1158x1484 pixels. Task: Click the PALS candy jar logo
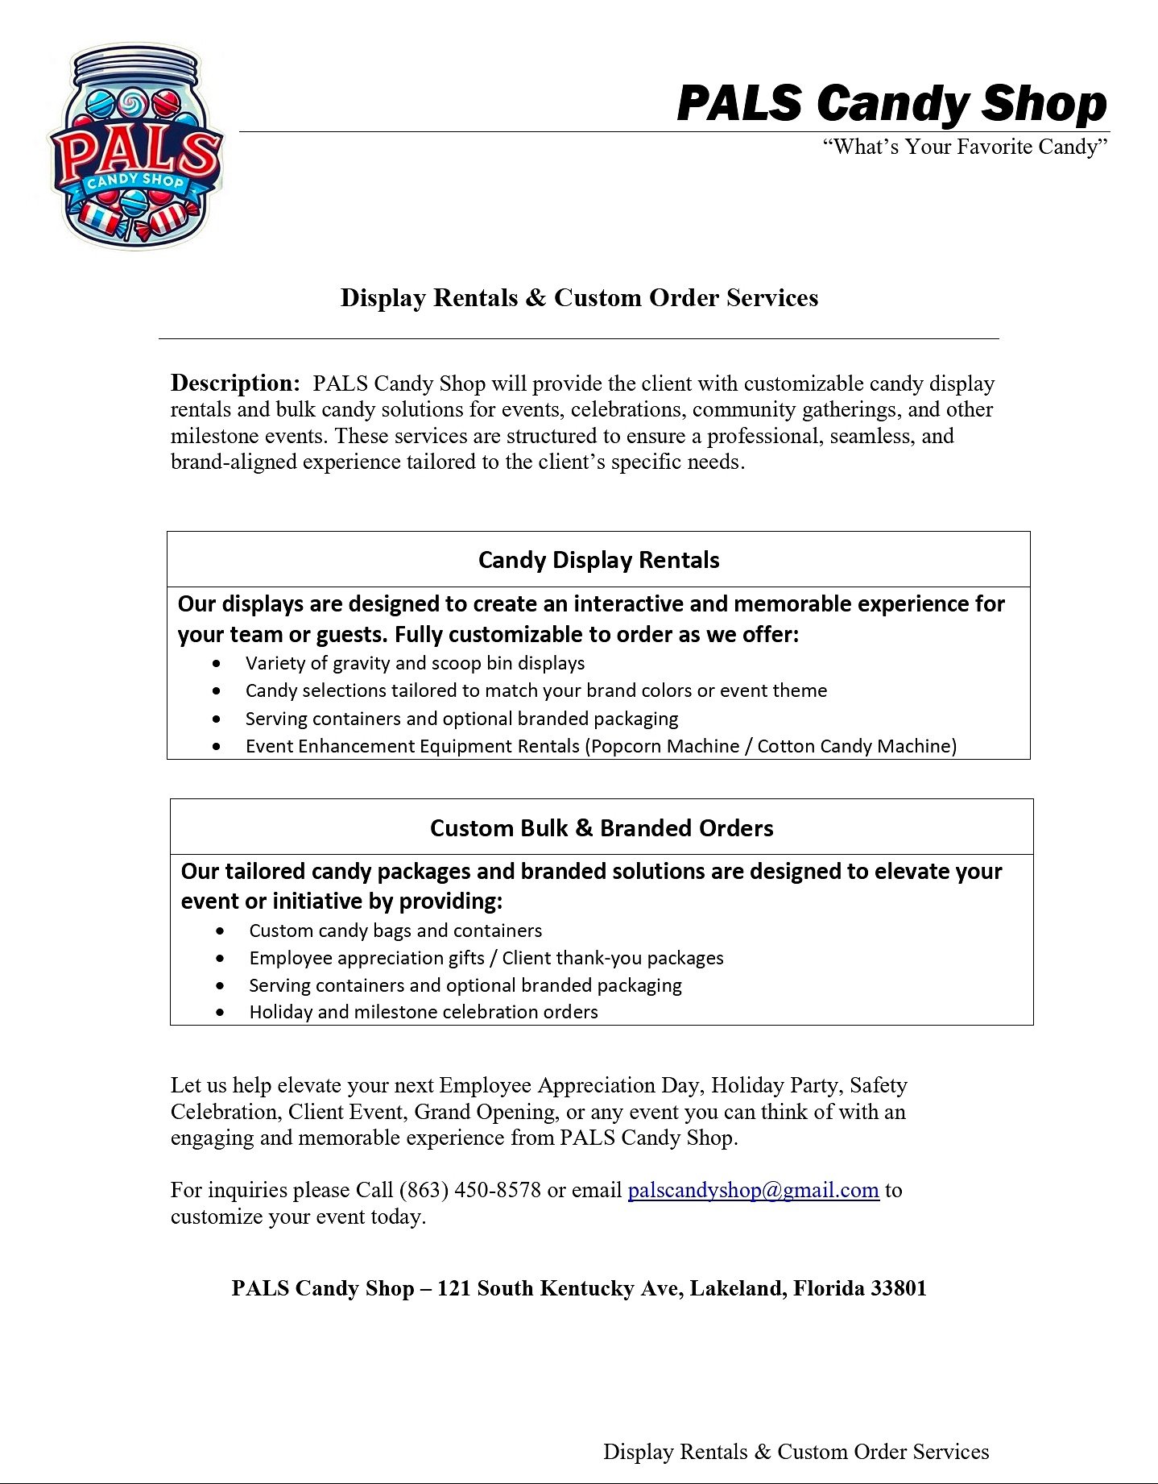pos(135,147)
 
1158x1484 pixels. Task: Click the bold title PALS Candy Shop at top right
pos(891,104)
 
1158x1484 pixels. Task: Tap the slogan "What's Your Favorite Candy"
pos(965,147)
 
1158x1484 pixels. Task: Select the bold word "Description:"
pos(235,383)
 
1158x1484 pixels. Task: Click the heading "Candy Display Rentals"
pos(598,560)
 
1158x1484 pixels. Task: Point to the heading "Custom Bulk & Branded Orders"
pos(602,828)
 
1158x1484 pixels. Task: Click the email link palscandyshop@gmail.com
pos(753,1190)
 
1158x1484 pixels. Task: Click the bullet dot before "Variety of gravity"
pos(217,664)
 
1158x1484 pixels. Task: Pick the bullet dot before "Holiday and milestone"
pos(221,1013)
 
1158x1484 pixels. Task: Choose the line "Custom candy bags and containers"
pos(395,931)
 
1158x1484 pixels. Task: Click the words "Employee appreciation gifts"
pos(366,958)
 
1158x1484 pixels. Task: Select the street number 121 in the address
pos(453,1288)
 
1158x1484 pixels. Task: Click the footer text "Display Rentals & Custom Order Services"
pos(796,1452)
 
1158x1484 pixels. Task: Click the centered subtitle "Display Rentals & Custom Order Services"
pos(579,297)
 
